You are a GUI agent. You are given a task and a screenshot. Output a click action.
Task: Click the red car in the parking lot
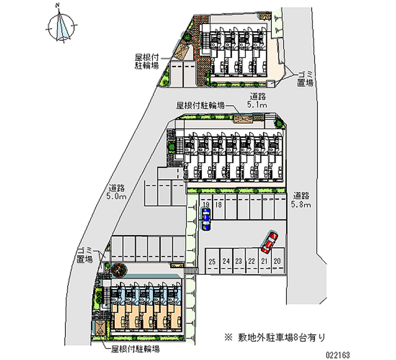pyautogui.click(x=269, y=241)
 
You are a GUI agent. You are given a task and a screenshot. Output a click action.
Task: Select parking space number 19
pyautogui.click(x=206, y=205)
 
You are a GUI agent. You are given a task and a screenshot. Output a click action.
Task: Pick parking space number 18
pyautogui.click(x=218, y=205)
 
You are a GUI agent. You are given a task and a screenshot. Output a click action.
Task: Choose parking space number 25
pyautogui.click(x=212, y=261)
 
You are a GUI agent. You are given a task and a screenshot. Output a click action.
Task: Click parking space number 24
pyautogui.click(x=225, y=261)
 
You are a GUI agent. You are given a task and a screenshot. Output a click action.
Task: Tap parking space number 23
pyautogui.click(x=238, y=261)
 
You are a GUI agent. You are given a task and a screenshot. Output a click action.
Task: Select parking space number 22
pyautogui.click(x=251, y=261)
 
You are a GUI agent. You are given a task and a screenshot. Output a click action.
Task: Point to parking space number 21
pyautogui.click(x=264, y=261)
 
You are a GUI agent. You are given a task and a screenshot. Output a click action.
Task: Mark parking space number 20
pyautogui.click(x=277, y=261)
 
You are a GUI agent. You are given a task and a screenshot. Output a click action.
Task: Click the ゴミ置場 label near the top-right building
pyautogui.click(x=305, y=79)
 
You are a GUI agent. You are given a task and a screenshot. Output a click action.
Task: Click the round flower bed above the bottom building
pyautogui.click(x=119, y=270)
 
